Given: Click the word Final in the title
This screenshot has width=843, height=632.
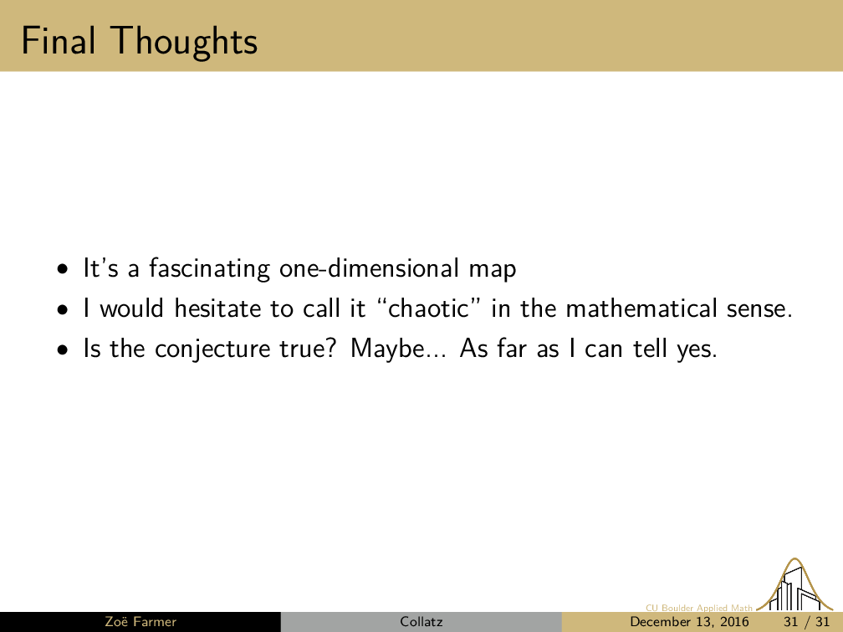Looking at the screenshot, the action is (59, 41).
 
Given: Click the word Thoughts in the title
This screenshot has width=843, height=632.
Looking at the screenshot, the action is (184, 43).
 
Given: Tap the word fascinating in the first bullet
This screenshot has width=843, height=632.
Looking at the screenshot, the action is (210, 268).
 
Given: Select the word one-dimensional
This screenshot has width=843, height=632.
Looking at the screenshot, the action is (370, 268).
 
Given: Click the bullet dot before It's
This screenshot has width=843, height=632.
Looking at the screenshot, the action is (64, 269).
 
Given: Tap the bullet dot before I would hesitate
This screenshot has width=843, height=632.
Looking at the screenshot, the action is (64, 309).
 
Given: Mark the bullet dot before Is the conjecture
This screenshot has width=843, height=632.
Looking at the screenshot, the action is (64, 349).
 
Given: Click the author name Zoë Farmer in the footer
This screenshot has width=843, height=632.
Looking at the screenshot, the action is (140, 622).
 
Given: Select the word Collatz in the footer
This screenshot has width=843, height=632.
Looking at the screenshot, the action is (421, 622).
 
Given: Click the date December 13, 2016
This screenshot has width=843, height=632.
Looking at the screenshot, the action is (689, 622).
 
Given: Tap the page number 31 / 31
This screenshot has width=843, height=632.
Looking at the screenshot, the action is (806, 622).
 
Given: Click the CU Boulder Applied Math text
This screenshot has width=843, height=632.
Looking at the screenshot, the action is (699, 608).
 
